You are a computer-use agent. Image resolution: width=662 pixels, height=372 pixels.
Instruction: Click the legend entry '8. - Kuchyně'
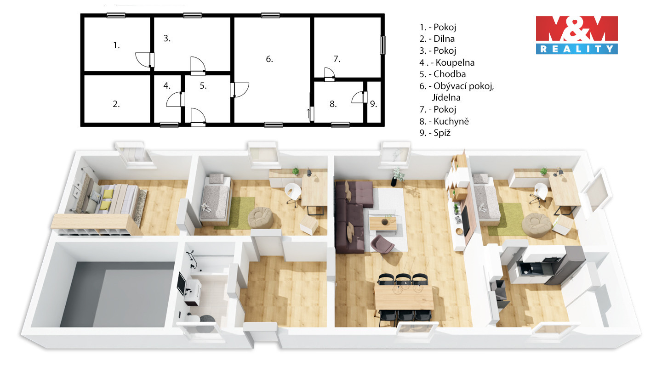444,121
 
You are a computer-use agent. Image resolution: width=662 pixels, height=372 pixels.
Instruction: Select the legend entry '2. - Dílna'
437,39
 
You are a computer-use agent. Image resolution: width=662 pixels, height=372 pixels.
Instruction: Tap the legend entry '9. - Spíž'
435,133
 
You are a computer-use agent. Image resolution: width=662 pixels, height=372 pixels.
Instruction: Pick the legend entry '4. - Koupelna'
447,62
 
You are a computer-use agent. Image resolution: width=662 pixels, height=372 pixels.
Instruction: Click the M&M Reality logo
576,35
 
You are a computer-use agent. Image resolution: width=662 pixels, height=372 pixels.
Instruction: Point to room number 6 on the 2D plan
269,59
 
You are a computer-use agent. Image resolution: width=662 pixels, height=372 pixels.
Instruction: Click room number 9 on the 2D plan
374,104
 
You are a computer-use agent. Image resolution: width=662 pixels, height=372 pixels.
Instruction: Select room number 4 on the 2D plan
167,85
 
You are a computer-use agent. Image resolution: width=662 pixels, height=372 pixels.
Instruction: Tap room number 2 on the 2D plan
116,104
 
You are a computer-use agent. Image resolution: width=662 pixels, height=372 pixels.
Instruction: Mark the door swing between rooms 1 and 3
143,60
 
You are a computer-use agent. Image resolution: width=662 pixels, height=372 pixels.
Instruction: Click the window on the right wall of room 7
382,45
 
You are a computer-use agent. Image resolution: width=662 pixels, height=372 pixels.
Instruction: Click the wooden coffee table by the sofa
383,224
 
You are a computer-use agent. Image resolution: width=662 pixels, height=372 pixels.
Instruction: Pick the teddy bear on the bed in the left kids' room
206,207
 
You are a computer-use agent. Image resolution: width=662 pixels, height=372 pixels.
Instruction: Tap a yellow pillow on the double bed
108,194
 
